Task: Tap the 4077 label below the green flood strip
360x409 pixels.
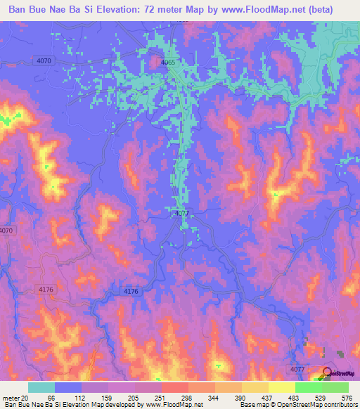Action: pyautogui.click(x=181, y=212)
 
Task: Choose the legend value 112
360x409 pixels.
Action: pyautogui.click(x=82, y=397)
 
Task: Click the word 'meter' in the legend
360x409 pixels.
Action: pyautogui.click(x=9, y=397)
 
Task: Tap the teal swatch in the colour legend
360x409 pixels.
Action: pyautogui.click(x=41, y=387)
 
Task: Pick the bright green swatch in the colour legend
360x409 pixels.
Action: pyautogui.click(x=308, y=387)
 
